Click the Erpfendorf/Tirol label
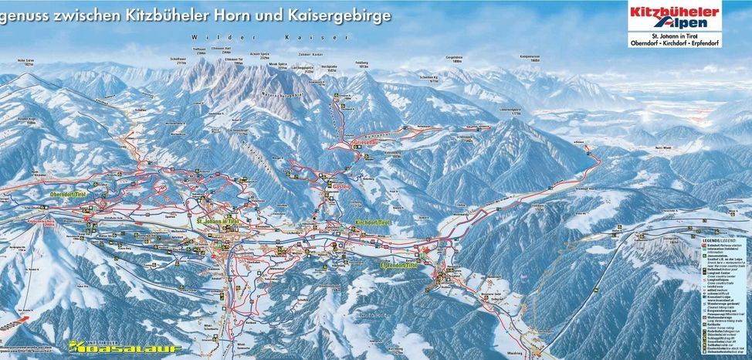click(x=399, y=265)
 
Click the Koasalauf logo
click(x=124, y=347)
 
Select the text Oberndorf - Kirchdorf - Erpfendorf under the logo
click(x=674, y=43)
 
